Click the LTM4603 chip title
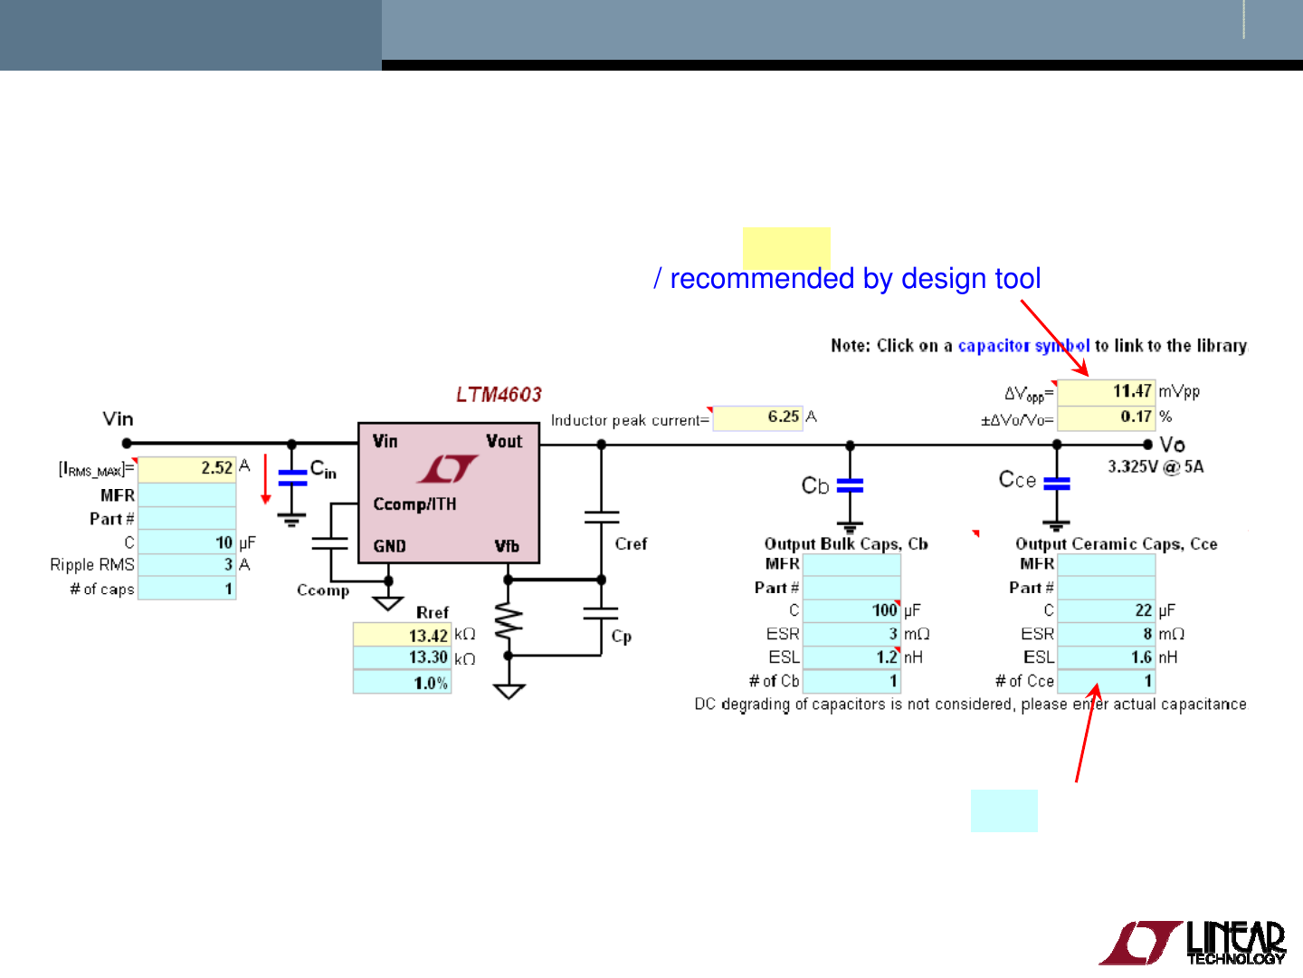tap(499, 395)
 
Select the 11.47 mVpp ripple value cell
tap(1106, 391)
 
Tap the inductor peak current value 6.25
tap(758, 417)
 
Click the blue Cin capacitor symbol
tap(292, 478)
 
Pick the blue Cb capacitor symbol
tap(850, 486)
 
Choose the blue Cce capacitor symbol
tap(1056, 484)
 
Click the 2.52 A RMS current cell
tap(186, 468)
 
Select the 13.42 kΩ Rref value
tap(402, 636)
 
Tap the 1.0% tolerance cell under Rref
tap(402, 683)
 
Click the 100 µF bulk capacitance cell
tap(851, 610)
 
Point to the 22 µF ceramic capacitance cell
tap(1106, 610)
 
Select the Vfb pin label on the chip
tap(507, 546)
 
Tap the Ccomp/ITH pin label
tap(414, 504)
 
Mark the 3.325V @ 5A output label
tap(1156, 467)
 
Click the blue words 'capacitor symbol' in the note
tap(1023, 346)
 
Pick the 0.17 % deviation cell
tap(1106, 417)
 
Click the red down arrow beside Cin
tap(265, 479)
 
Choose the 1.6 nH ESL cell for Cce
tap(1106, 657)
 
